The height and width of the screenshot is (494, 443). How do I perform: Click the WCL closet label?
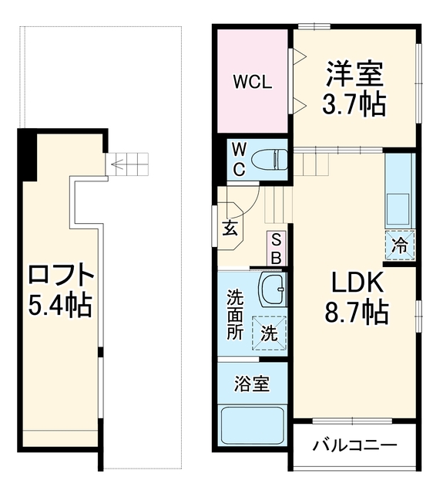(x=253, y=82)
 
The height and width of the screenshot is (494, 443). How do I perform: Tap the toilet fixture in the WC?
(x=270, y=159)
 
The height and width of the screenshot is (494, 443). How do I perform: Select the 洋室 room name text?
(x=354, y=74)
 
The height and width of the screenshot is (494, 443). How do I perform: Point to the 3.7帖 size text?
(x=354, y=103)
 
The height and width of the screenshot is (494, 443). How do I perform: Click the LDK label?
(x=357, y=282)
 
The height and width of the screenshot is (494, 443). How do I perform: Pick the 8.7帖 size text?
(x=357, y=312)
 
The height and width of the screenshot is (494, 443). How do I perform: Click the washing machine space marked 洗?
(x=269, y=333)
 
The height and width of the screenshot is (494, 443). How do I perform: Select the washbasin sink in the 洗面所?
(x=272, y=288)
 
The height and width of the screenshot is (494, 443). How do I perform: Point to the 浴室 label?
(x=252, y=384)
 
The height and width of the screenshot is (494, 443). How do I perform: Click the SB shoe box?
(x=277, y=249)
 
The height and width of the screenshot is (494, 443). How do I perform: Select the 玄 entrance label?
(x=230, y=228)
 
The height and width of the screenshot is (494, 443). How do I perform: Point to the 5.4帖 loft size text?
(x=60, y=305)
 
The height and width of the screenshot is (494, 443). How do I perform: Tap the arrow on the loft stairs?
(x=117, y=164)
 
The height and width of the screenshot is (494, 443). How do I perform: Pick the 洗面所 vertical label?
(x=236, y=315)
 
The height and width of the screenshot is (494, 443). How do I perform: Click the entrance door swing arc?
(x=253, y=204)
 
